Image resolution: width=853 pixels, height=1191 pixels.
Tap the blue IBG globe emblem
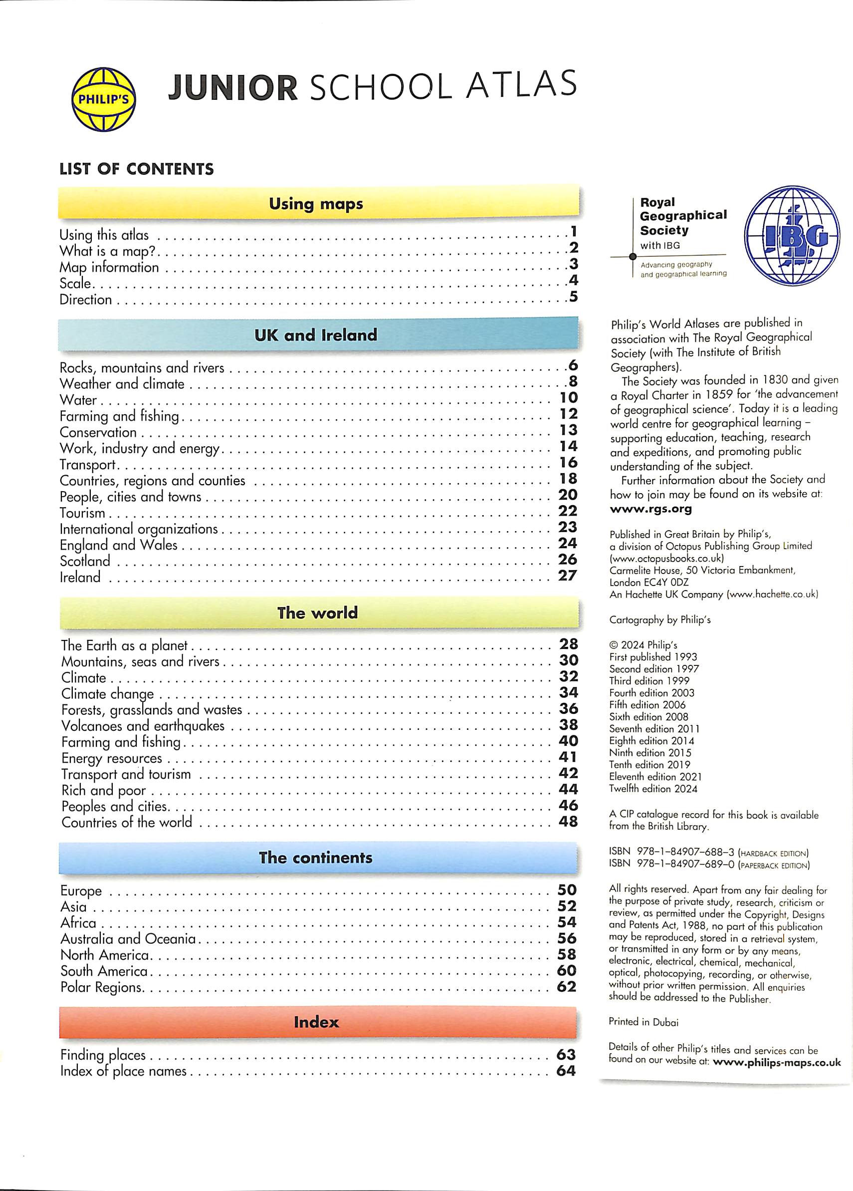[x=792, y=240]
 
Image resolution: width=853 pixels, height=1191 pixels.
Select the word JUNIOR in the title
[x=233, y=87]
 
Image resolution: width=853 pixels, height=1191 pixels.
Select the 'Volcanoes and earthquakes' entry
[x=143, y=726]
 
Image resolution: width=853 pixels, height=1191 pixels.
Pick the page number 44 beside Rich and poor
[x=568, y=789]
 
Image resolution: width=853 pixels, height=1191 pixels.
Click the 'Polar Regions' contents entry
[x=101, y=987]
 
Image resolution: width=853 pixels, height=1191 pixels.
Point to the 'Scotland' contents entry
[x=85, y=561]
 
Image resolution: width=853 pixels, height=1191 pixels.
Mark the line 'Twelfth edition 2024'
[x=653, y=788]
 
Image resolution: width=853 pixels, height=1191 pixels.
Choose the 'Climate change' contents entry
[x=108, y=694]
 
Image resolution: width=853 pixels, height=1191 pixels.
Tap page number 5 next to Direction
[x=573, y=297]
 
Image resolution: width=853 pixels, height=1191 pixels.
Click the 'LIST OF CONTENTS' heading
[x=137, y=169]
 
